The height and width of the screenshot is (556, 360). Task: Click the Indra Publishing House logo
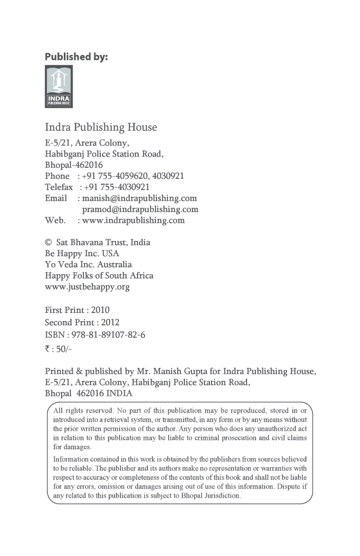(58, 87)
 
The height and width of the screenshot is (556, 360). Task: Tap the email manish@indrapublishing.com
(140, 198)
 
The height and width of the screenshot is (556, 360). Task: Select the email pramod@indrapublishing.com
(140, 209)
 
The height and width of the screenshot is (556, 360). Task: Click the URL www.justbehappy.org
(87, 287)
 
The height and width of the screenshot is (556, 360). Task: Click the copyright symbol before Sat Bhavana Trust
(48, 243)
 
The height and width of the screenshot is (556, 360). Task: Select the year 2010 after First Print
(100, 310)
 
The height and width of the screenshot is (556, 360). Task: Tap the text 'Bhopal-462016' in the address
(74, 165)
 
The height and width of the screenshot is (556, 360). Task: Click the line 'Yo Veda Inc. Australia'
(88, 264)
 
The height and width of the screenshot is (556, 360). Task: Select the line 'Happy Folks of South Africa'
(99, 276)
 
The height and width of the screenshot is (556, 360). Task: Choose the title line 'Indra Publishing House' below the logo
(101, 128)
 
